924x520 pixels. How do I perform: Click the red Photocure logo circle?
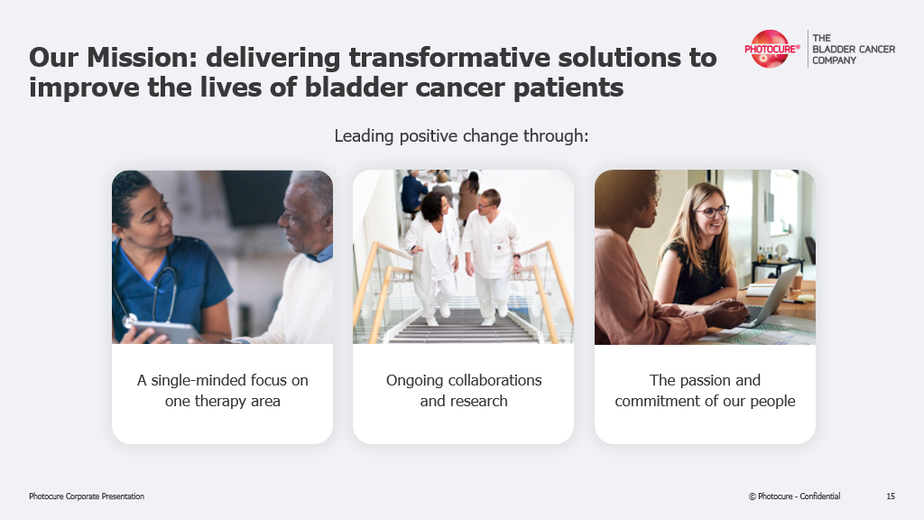coord(770,49)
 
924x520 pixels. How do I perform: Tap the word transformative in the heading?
coord(449,57)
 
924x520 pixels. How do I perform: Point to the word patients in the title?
coord(568,88)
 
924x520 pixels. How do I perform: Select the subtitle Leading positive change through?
coord(461,136)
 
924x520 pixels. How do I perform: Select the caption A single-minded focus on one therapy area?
coord(223,390)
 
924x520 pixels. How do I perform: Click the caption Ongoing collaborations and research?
coord(464,390)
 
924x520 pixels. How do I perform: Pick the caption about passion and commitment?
coord(705,390)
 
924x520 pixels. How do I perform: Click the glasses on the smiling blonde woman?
coord(712,210)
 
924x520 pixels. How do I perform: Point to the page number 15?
coord(891,497)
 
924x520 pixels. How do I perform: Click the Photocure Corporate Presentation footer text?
coord(87,497)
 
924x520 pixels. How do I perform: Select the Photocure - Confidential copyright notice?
coord(794,497)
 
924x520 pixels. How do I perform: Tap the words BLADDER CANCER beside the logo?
coord(854,49)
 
